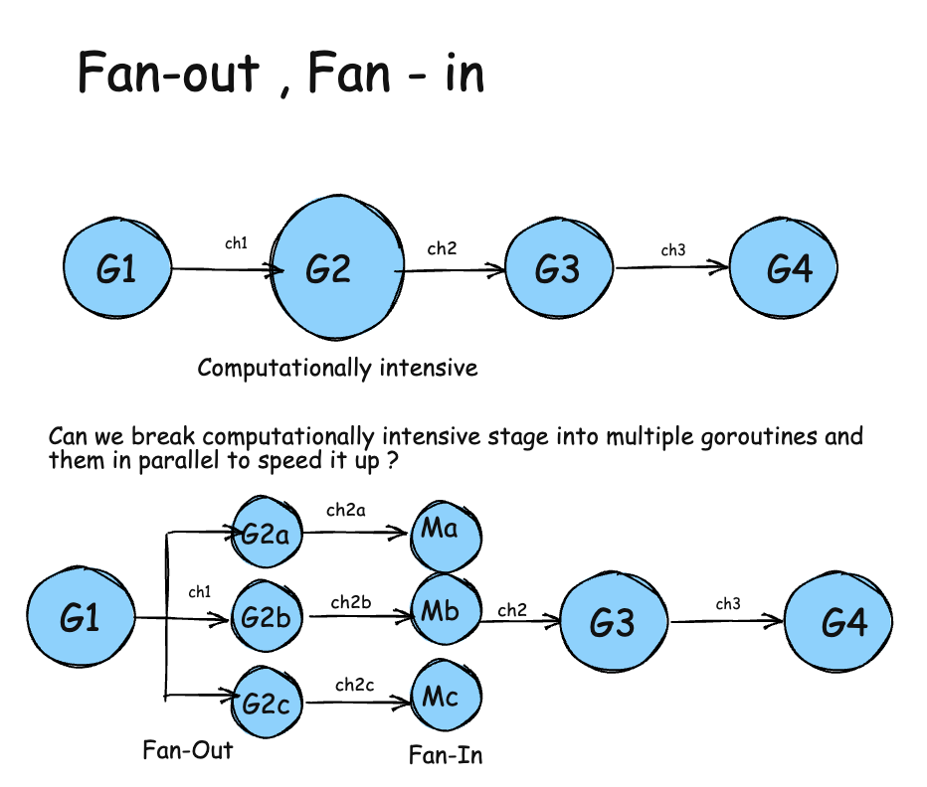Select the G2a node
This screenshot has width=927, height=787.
click(266, 535)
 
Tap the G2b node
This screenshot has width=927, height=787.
click(266, 617)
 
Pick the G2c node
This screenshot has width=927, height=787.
click(266, 703)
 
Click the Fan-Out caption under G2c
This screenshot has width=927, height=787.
click(188, 749)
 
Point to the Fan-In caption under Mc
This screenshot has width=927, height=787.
click(446, 755)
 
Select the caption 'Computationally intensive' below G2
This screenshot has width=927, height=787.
click(338, 369)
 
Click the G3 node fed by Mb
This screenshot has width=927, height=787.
click(611, 623)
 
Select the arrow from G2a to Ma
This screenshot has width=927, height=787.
click(358, 533)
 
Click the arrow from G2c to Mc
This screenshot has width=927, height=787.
click(358, 703)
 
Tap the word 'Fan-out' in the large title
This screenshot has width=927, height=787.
click(169, 74)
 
